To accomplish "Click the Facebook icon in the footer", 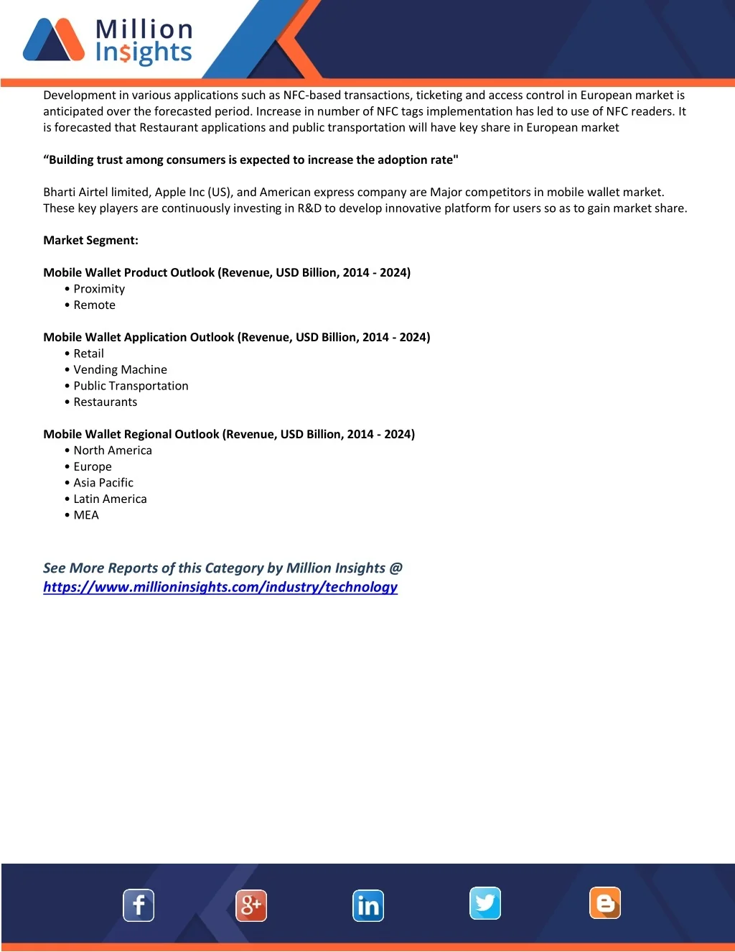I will (x=139, y=905).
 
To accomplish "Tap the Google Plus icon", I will (x=251, y=905).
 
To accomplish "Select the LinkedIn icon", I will (x=368, y=905).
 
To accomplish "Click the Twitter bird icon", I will (x=485, y=903).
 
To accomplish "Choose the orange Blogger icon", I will (x=605, y=903).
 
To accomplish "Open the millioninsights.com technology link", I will (x=220, y=587).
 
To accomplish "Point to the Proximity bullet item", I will (x=99, y=289).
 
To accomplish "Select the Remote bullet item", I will (x=94, y=305).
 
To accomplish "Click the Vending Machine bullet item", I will (x=120, y=369).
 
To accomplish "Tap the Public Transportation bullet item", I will (x=131, y=386).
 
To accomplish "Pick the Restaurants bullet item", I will (x=105, y=402).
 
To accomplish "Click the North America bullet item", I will (x=113, y=450).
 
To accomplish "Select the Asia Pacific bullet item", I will (x=103, y=483).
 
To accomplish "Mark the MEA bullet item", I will (x=86, y=515).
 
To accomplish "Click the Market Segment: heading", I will (x=90, y=240).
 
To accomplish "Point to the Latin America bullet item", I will (x=110, y=499).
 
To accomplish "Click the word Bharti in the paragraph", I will (x=60, y=192).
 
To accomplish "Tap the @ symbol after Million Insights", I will (x=396, y=568).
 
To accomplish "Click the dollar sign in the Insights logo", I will (x=125, y=53).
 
